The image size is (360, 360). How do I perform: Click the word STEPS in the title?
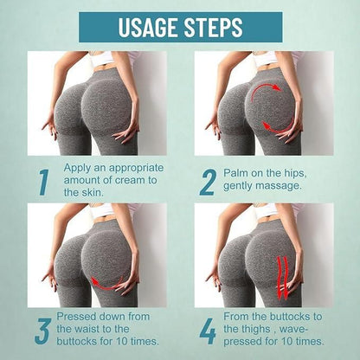211,27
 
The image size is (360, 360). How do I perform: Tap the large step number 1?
42,183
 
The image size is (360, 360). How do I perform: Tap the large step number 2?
208,182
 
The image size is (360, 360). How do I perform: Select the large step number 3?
41,331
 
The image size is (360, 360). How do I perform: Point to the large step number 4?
208,331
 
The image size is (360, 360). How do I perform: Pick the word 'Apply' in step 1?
78,164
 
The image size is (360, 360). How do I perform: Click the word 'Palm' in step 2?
237,170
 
